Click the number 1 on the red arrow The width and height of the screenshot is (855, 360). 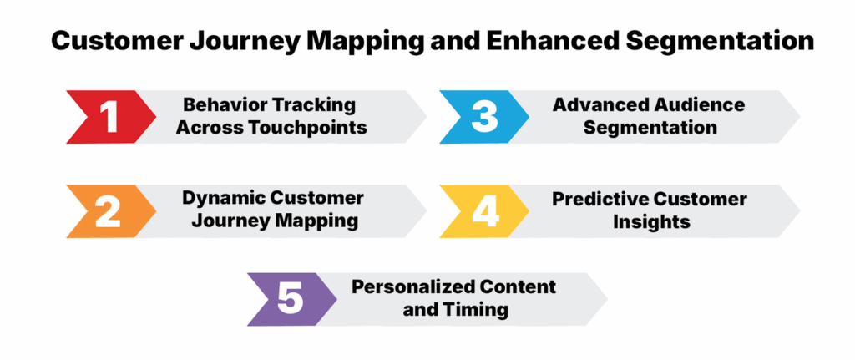click(x=109, y=117)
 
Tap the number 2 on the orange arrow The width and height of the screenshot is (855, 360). click(x=109, y=210)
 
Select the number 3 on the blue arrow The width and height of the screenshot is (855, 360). click(x=483, y=117)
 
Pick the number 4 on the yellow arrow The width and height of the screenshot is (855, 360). click(x=483, y=210)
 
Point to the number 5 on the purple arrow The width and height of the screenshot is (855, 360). click(x=290, y=298)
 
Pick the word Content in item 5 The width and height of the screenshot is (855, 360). click(x=518, y=286)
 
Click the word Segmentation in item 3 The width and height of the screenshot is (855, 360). click(x=650, y=128)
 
